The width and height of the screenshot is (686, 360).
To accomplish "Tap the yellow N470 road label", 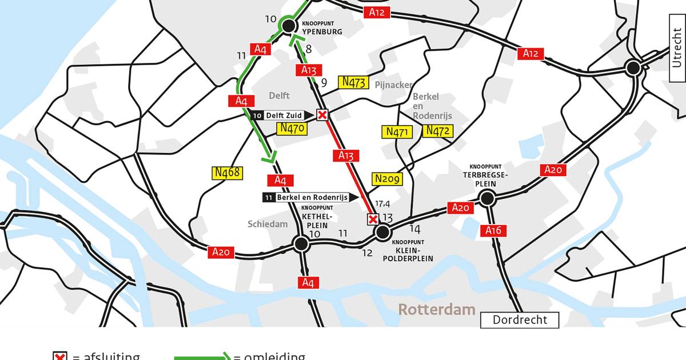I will click(292, 129).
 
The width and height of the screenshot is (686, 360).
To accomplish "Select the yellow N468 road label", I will click(228, 173).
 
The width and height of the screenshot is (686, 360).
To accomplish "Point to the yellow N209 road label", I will click(387, 179).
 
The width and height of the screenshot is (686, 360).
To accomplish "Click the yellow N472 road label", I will click(438, 131).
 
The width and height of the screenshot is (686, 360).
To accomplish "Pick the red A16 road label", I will click(493, 231).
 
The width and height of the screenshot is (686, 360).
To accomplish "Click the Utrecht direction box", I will click(677, 49).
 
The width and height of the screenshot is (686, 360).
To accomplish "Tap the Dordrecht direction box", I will click(520, 320).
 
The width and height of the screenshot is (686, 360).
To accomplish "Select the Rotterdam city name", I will click(437, 310).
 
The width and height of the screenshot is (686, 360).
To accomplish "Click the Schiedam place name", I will click(268, 224).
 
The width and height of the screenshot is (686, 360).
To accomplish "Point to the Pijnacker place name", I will click(393, 85).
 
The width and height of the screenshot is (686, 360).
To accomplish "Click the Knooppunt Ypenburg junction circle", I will click(289, 25).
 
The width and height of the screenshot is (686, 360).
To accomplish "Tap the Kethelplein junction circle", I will click(301, 244).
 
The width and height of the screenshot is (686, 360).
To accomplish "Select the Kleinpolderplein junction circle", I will click(382, 232).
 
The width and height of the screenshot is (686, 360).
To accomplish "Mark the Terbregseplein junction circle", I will click(486, 198).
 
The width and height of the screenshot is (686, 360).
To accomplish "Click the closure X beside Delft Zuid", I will click(322, 115).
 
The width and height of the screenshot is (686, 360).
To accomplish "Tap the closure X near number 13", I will click(373, 219).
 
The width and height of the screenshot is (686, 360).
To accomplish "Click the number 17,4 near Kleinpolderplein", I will click(382, 204).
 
